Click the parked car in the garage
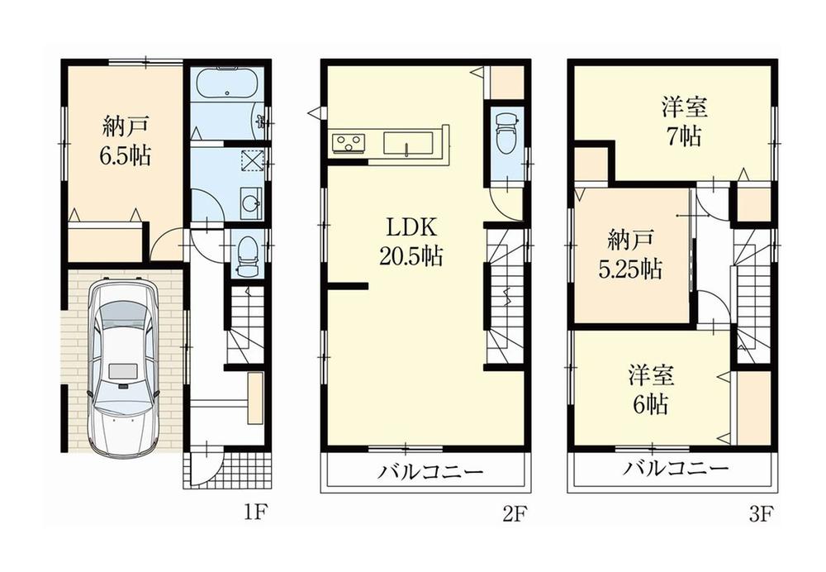click(123, 368)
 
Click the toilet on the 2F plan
click(504, 131)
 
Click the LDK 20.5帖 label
click(411, 242)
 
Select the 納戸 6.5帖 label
click(126, 142)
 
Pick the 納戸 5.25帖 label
click(629, 255)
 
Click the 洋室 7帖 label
click(685, 122)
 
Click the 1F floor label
click(255, 514)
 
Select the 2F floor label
click(513, 514)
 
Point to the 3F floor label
click(761, 514)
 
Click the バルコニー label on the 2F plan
click(430, 473)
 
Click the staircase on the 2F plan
click(505, 298)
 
